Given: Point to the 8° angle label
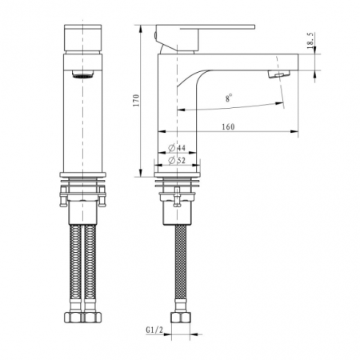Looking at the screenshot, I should point(229,98).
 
